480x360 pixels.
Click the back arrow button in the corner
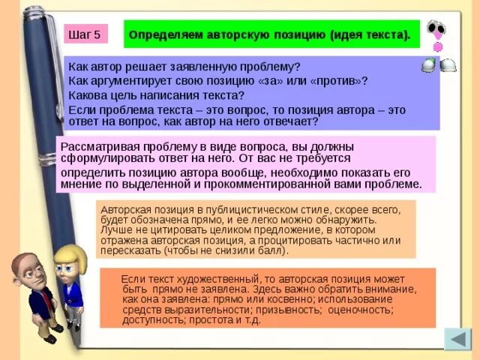[457, 340]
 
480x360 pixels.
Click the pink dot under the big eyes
[438, 46]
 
